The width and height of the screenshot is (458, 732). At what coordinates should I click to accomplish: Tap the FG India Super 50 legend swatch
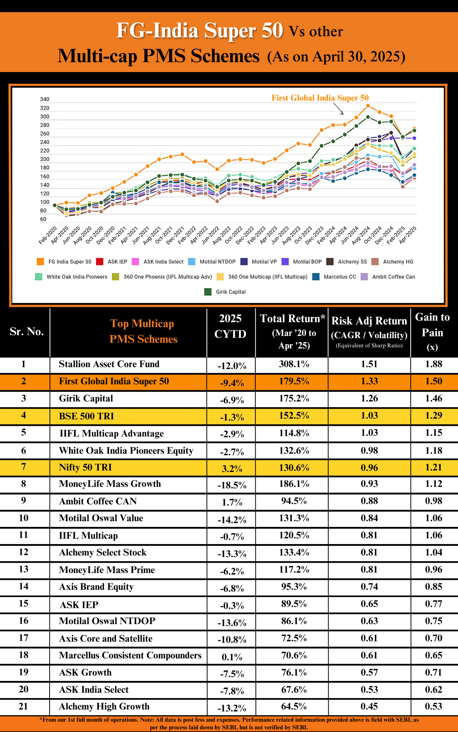(x=40, y=262)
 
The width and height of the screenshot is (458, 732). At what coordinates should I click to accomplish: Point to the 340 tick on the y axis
(x=45, y=99)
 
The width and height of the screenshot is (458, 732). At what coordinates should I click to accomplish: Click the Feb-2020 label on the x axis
(x=48, y=235)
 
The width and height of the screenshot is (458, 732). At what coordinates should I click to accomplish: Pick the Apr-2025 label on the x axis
(x=408, y=235)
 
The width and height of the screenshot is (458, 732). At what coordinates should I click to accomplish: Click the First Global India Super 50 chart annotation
(x=320, y=98)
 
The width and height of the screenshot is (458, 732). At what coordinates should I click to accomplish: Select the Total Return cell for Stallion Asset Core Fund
(x=294, y=364)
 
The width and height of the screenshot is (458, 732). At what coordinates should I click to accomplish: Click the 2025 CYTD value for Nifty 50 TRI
(x=232, y=469)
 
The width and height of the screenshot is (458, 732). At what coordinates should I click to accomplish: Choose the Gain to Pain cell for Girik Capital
(x=434, y=398)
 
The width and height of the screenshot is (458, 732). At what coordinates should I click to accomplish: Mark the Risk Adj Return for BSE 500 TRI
(x=369, y=416)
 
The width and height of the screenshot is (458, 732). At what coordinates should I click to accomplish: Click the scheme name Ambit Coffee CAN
(x=98, y=501)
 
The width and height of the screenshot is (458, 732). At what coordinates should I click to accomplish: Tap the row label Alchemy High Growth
(x=104, y=706)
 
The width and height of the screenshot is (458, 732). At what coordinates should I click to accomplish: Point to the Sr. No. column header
(x=27, y=332)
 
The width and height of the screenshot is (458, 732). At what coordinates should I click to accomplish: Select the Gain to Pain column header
(x=432, y=332)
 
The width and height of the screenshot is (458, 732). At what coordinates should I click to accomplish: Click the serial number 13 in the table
(x=24, y=569)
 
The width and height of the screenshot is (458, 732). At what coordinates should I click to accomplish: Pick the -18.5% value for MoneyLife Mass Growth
(x=232, y=485)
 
